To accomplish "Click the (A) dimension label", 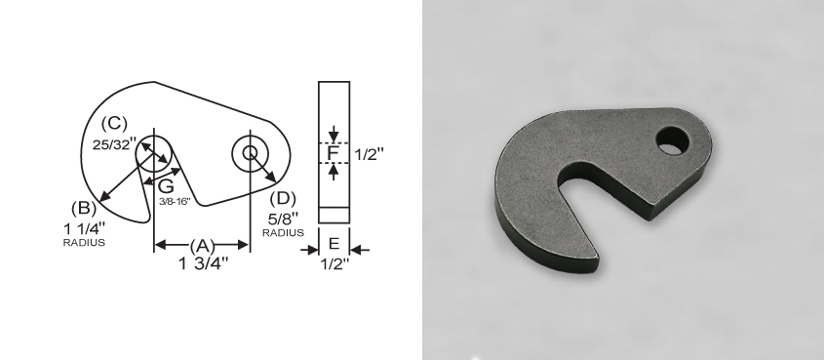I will click(x=202, y=246).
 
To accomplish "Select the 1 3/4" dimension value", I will click(x=203, y=263).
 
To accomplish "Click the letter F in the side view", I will click(x=333, y=153).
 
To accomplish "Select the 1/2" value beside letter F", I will click(x=369, y=154).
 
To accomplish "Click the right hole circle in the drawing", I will click(x=250, y=152).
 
